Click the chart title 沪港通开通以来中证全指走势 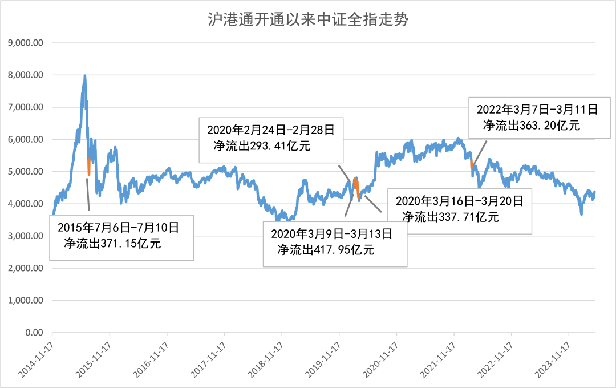[x=308, y=21]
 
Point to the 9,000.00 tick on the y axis [x=26, y=43]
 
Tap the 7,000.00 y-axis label [x=26, y=107]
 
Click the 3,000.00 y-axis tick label [x=26, y=236]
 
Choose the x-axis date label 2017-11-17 [x=209, y=357]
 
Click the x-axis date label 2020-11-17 [x=381, y=357]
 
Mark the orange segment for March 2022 [x=472, y=164]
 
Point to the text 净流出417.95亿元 [x=326, y=249]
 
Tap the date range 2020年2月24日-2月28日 [x=270, y=131]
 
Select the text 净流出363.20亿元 [x=532, y=125]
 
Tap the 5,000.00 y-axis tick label [x=26, y=172]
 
